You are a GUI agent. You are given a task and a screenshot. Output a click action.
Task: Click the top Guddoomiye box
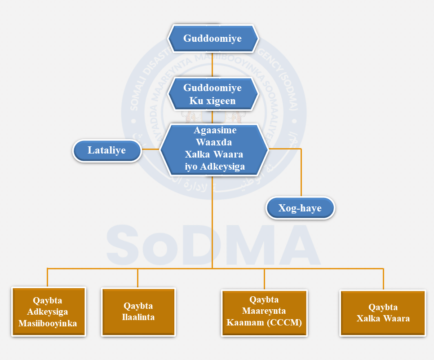pos(213,39)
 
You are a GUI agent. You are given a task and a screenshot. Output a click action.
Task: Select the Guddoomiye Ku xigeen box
pos(213,94)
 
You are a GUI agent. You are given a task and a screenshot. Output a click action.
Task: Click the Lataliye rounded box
pos(107,150)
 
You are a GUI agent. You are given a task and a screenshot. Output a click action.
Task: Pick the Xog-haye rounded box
pos(300,208)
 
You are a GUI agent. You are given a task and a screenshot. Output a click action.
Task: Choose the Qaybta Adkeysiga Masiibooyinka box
pos(48,312)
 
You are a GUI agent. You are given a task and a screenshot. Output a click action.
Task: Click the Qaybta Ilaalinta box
pos(138,312)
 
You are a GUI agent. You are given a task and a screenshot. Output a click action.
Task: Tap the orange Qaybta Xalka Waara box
pos(383,313)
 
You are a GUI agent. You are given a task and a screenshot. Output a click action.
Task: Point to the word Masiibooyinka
pos(48,323)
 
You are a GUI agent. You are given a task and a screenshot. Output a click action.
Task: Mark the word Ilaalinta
pos(138,317)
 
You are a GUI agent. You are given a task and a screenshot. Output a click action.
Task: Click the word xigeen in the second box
pos(221,101)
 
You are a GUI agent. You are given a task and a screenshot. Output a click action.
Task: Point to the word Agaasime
pos(215,131)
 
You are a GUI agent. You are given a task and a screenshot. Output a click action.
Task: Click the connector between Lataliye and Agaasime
pos(151,149)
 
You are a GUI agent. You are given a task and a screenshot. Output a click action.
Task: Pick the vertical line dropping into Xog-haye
pos(301,173)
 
